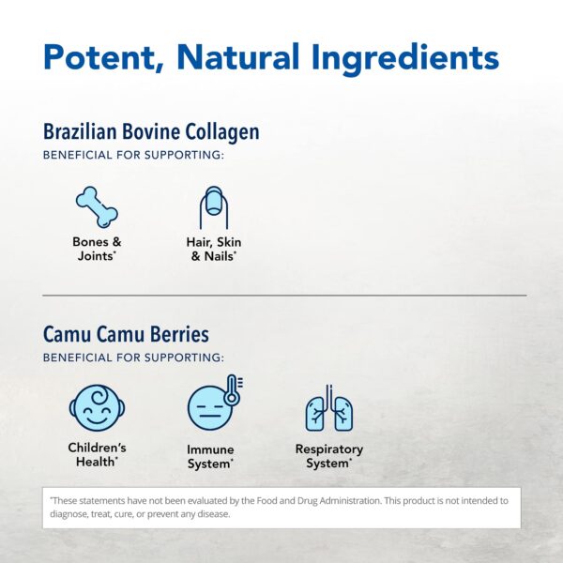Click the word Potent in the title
97,57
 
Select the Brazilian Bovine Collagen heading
151,131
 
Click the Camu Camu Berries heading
126,334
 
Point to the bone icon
98,206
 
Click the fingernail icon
214,207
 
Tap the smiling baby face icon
97,408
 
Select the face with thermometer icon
213,406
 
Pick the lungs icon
328,409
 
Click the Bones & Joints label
97,249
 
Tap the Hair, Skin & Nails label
214,249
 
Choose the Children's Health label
97,454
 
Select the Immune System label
211,456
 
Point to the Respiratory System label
328,456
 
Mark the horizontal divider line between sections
281,295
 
